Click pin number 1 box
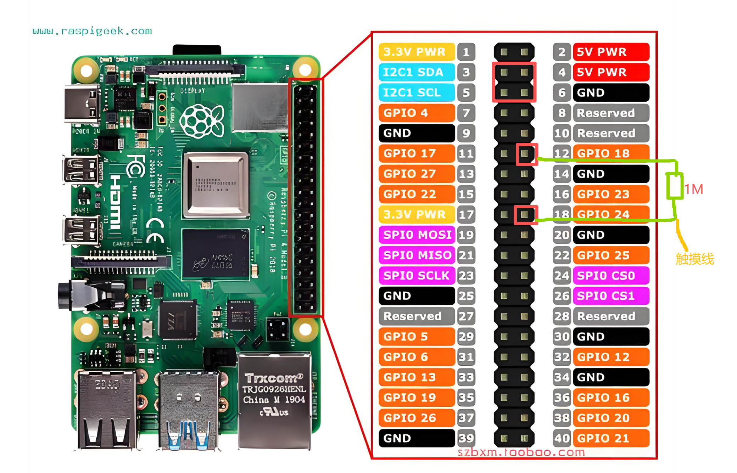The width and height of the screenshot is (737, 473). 466,52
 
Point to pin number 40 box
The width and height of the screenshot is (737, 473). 562,438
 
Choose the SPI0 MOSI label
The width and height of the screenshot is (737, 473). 417,235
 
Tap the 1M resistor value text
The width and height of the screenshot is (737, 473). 694,190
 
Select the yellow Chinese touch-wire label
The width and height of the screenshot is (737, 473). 694,259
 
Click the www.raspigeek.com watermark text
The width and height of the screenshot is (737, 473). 92,31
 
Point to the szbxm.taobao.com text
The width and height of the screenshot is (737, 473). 521,452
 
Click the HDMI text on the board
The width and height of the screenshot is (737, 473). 115,202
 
